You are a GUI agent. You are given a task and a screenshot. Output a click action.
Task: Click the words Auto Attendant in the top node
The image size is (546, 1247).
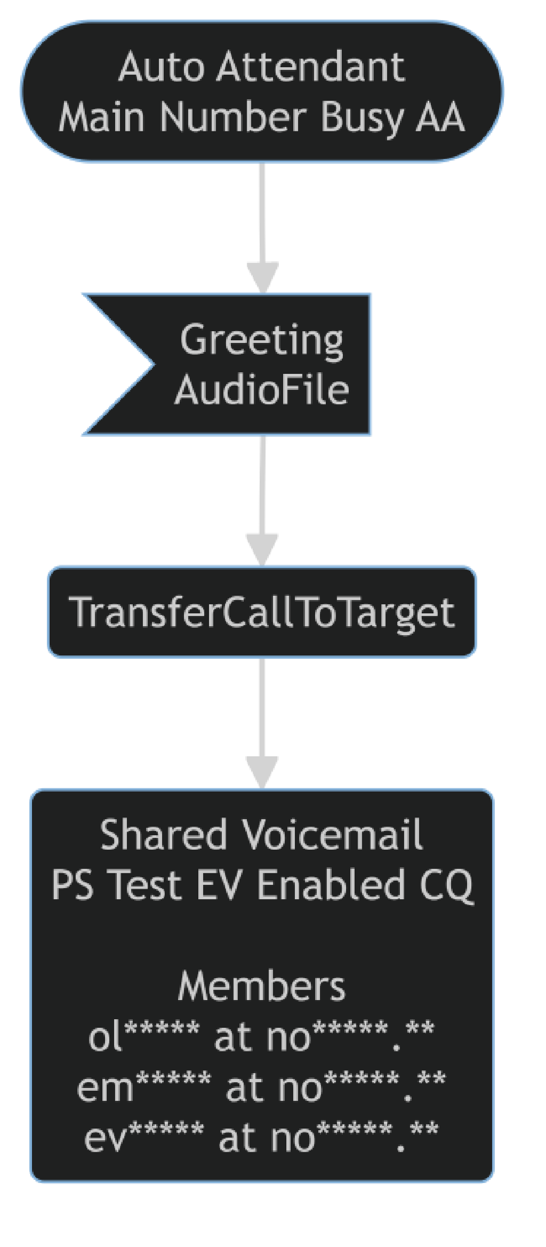[x=261, y=68]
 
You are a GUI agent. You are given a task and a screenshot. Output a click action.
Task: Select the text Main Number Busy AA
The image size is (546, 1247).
[x=261, y=117]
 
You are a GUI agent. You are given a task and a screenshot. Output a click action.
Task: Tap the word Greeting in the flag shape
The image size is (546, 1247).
[x=261, y=340]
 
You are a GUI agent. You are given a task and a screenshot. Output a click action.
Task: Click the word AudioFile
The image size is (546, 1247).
[x=261, y=390]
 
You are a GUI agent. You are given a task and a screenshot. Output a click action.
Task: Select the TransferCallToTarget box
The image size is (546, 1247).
[x=261, y=612]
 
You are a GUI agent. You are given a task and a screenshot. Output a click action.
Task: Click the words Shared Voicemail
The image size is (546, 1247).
[x=261, y=835]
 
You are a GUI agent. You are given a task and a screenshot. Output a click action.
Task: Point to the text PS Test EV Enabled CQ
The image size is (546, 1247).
[x=261, y=885]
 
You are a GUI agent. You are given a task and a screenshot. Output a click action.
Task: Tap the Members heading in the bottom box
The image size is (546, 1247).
[x=261, y=986]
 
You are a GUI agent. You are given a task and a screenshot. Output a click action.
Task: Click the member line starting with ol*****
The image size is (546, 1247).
[x=261, y=1037]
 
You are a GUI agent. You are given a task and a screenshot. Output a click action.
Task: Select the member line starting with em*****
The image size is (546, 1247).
[x=261, y=1087]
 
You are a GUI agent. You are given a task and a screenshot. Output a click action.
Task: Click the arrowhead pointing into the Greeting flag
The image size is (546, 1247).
[x=262, y=277]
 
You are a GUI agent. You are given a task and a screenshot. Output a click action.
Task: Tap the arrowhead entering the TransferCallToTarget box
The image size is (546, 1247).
[x=262, y=549]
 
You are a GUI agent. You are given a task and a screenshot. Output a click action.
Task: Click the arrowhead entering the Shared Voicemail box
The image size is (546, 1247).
[x=262, y=772]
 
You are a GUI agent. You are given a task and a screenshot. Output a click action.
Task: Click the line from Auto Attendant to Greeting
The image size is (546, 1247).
[x=262, y=213]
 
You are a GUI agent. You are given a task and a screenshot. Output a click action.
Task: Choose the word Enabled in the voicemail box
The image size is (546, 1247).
[x=331, y=885]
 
